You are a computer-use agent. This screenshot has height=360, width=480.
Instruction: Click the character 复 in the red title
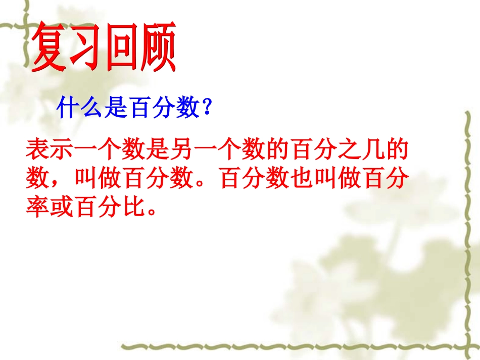(50, 49)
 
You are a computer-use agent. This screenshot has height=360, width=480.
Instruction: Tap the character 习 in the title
(86, 49)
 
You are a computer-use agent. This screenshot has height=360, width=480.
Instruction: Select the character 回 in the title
(122, 49)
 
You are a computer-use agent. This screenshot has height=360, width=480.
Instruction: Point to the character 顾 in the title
(158, 49)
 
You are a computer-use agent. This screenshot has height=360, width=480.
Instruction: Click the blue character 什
(69, 108)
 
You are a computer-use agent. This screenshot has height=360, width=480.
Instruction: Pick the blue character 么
(91, 108)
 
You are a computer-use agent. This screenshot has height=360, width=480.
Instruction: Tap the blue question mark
(205, 108)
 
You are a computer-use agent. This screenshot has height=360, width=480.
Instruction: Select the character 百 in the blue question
(138, 108)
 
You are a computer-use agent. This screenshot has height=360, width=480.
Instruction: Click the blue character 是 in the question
(115, 108)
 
